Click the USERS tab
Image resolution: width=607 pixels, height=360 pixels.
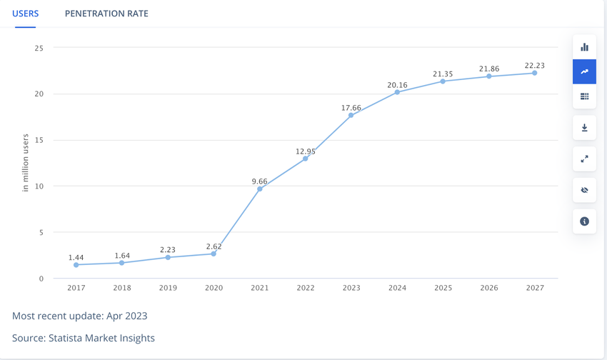pos(26,14)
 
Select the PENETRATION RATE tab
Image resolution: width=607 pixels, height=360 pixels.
pos(106,14)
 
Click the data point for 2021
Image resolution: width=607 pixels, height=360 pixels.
pos(260,189)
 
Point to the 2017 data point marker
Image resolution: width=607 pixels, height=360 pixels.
pos(76,265)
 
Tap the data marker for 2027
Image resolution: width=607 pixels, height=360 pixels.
pos(535,73)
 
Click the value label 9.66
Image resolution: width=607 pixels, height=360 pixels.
pos(259,181)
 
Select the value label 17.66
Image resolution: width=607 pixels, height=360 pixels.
pos(351,109)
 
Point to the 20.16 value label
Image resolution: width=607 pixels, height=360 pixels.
pos(397,85)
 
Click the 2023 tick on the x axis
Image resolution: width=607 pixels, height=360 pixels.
pos(351,288)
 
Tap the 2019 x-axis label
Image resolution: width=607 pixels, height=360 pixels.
pos(168,288)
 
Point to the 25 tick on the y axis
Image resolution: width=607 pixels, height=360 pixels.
pos(39,48)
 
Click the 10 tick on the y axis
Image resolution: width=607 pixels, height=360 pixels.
pos(39,186)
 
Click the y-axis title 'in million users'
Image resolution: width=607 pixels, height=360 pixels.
pos(26,163)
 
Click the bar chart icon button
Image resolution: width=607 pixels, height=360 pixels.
pos(584,47)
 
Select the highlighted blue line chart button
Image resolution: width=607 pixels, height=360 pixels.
pos(584,71)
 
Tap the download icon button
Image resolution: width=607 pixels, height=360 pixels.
pos(584,128)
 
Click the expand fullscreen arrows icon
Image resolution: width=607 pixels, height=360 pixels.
pos(584,159)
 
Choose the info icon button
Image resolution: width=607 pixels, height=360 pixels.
pos(584,221)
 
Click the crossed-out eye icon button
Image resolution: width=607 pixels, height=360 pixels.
pos(584,190)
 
